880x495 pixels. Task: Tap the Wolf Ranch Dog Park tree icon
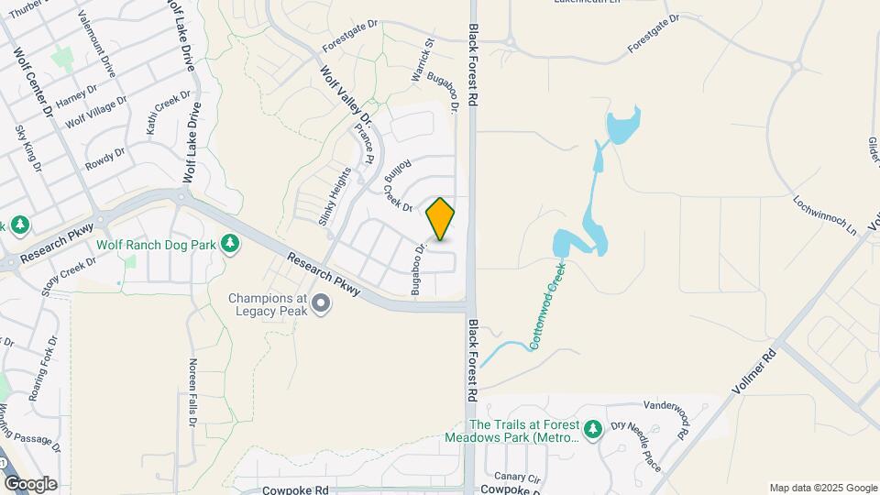pos(232,244)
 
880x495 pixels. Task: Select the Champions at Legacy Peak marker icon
pos(321,303)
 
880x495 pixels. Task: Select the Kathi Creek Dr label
pos(168,113)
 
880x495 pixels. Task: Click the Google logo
pos(30,483)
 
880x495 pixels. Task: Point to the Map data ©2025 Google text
pos(823,488)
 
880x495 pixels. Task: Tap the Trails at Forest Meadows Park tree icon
pos(593,428)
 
